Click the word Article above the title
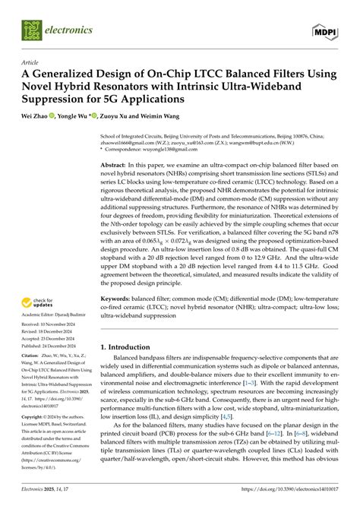tap(31, 63)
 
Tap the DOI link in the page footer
tap(289, 501)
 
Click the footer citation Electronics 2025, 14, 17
tap(48, 501)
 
